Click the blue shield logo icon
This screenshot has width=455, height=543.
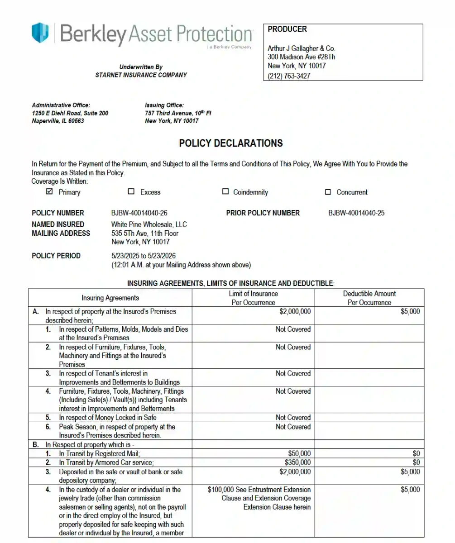[x=40, y=33]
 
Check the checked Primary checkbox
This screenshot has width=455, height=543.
[x=50, y=191]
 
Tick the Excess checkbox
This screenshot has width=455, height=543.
[x=131, y=191]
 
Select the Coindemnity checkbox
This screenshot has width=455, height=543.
[x=225, y=191]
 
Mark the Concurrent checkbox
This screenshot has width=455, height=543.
[x=328, y=192]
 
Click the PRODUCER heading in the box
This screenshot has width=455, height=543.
[x=287, y=29]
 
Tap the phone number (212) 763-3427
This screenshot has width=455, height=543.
[x=289, y=76]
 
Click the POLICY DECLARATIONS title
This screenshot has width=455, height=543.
[x=231, y=143]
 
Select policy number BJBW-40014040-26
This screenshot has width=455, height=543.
[x=136, y=213]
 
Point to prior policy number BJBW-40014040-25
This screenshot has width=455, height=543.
[x=356, y=213]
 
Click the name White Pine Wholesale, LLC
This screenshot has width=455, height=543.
[x=149, y=224]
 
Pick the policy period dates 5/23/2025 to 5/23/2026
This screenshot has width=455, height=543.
[x=144, y=256]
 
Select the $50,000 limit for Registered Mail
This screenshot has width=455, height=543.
[x=299, y=453]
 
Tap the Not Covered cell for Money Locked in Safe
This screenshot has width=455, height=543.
[x=293, y=418]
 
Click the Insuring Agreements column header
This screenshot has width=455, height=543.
[x=110, y=298]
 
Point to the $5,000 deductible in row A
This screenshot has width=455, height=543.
[x=410, y=311]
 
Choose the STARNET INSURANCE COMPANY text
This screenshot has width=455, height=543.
[x=141, y=75]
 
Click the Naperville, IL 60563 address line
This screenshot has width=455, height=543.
[x=58, y=121]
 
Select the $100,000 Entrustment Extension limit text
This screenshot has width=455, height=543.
[x=259, y=490]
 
